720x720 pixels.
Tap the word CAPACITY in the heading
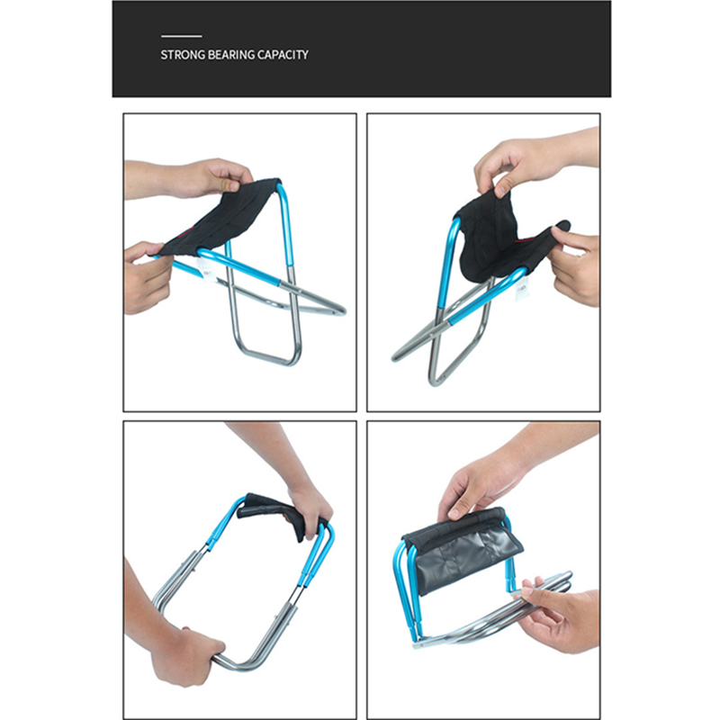tap(283, 55)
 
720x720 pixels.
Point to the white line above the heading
tap(182, 36)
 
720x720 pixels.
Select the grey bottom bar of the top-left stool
tap(267, 357)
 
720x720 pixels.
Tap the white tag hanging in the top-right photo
tap(521, 290)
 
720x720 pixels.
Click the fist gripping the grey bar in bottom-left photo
tap(186, 656)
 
